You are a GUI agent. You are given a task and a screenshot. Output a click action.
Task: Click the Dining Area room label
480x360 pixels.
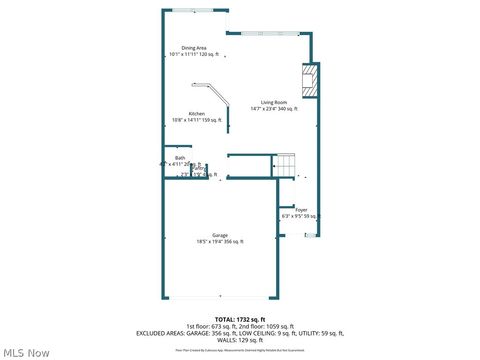[x=194, y=47]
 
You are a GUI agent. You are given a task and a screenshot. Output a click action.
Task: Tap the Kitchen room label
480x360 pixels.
[x=197, y=114]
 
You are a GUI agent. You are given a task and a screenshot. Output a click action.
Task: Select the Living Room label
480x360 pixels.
[x=275, y=103]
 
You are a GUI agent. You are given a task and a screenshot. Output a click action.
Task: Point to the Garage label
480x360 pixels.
[x=219, y=235]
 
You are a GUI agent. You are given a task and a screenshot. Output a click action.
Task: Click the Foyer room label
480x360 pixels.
[x=301, y=209]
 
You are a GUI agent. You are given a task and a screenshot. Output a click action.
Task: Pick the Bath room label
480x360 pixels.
[x=180, y=158]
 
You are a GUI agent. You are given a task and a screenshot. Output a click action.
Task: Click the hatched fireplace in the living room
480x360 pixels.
[x=310, y=81]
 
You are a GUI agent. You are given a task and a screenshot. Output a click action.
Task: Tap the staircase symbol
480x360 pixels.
[x=286, y=165]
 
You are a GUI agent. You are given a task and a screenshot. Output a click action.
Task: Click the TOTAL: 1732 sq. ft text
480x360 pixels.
[x=240, y=318]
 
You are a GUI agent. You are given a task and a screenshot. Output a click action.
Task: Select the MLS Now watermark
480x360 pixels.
[x=27, y=352]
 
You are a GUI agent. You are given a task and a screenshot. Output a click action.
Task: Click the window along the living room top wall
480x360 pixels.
[x=269, y=33]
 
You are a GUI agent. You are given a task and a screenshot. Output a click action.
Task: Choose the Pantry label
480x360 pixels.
[x=199, y=169]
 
